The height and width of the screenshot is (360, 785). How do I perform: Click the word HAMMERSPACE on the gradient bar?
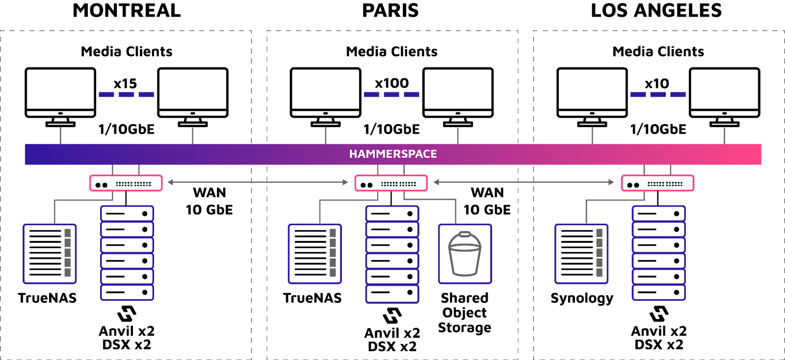click(x=393, y=154)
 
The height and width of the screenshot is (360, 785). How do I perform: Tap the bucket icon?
click(x=465, y=254)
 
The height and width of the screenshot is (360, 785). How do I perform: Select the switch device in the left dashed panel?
click(x=126, y=183)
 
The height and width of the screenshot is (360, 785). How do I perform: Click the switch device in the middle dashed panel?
click(x=391, y=183)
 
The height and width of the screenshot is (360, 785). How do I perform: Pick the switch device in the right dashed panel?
click(x=657, y=183)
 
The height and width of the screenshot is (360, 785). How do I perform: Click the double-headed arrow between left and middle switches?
click(x=258, y=182)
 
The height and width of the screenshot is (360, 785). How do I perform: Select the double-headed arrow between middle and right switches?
click(x=523, y=182)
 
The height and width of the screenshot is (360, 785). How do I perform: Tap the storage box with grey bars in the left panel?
click(x=50, y=254)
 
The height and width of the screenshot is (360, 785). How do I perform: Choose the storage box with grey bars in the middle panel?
click(x=314, y=254)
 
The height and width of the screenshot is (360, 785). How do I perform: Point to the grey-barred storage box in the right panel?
click(x=581, y=254)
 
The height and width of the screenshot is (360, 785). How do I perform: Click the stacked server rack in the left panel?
click(x=127, y=253)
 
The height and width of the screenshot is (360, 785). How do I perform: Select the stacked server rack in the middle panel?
click(x=392, y=254)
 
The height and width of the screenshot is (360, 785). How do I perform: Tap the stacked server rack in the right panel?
click(x=658, y=253)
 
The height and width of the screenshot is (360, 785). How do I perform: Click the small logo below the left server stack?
click(x=127, y=313)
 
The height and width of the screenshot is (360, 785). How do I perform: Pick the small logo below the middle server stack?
click(x=392, y=315)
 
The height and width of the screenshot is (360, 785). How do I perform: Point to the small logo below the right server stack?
click(x=659, y=313)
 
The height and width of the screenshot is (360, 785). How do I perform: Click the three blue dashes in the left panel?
click(x=126, y=94)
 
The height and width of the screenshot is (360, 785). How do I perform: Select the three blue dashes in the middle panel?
click(x=391, y=94)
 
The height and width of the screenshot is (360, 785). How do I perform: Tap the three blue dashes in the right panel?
click(x=658, y=94)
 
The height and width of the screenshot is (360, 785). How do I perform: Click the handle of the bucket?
click(x=465, y=235)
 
